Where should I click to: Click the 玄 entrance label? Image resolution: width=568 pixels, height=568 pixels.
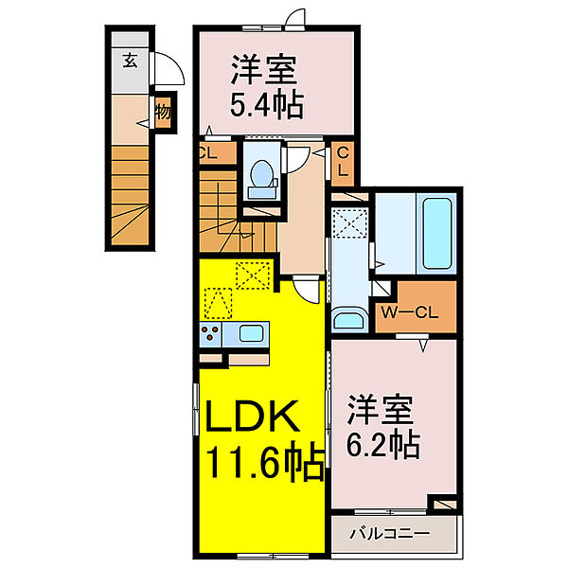click(x=130, y=61)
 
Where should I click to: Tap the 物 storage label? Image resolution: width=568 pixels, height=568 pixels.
click(x=163, y=112)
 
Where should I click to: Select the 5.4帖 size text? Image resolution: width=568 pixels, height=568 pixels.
click(x=267, y=105)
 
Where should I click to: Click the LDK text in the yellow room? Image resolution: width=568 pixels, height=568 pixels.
click(x=253, y=416)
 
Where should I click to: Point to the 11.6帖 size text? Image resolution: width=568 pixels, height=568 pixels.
click(x=265, y=462)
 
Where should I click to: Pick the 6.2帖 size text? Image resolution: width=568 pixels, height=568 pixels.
click(x=383, y=445)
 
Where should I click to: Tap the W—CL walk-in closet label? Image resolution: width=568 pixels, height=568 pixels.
click(x=410, y=313)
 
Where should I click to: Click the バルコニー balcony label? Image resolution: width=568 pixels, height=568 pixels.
click(x=389, y=534)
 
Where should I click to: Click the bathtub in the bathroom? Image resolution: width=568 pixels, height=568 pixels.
click(x=436, y=234)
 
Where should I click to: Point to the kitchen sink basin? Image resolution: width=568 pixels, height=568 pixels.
click(x=251, y=333)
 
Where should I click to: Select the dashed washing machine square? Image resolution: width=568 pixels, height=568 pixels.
click(x=350, y=223)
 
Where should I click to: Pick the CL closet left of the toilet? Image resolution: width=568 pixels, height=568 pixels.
click(x=218, y=153)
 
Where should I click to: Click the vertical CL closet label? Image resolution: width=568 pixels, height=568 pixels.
click(x=343, y=162)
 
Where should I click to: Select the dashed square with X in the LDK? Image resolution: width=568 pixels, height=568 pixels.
click(x=253, y=275)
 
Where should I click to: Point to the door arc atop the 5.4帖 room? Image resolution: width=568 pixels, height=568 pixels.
click(x=294, y=18)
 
